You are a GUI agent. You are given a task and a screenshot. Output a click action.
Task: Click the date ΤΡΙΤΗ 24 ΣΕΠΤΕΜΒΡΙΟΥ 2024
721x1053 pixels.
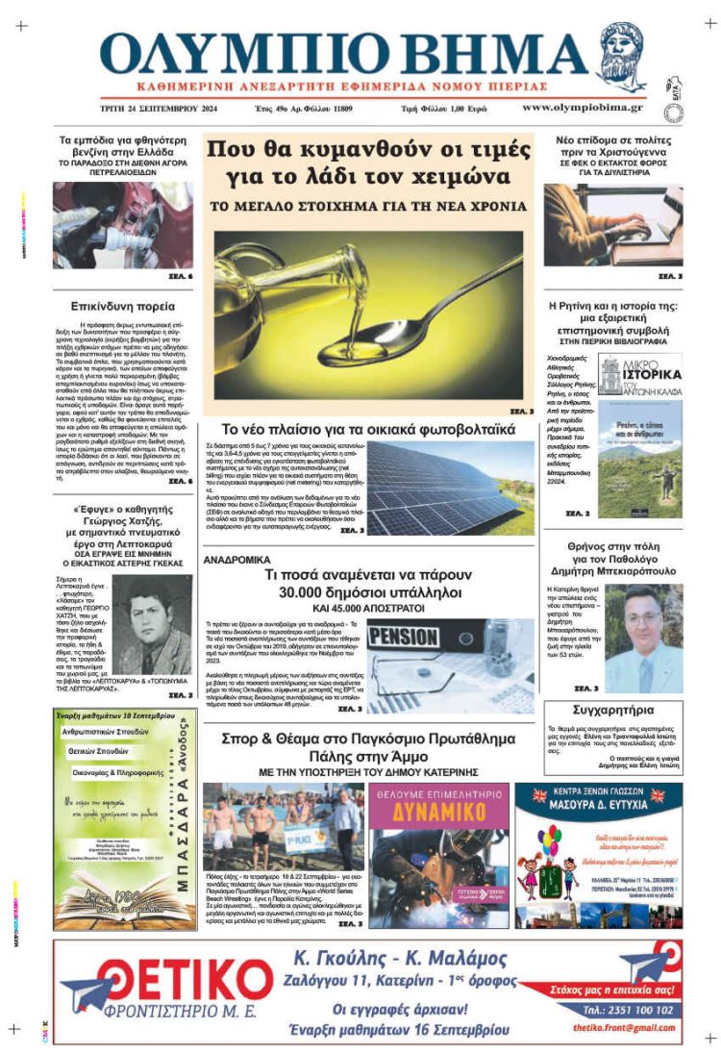click(x=156, y=109)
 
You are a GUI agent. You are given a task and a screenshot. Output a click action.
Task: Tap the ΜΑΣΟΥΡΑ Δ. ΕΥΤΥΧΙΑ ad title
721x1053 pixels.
click(x=599, y=796)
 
